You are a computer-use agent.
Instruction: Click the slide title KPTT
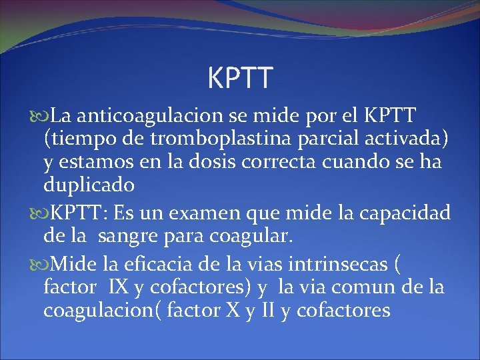tap(240, 78)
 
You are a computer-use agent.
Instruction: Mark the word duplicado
tap(89, 184)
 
